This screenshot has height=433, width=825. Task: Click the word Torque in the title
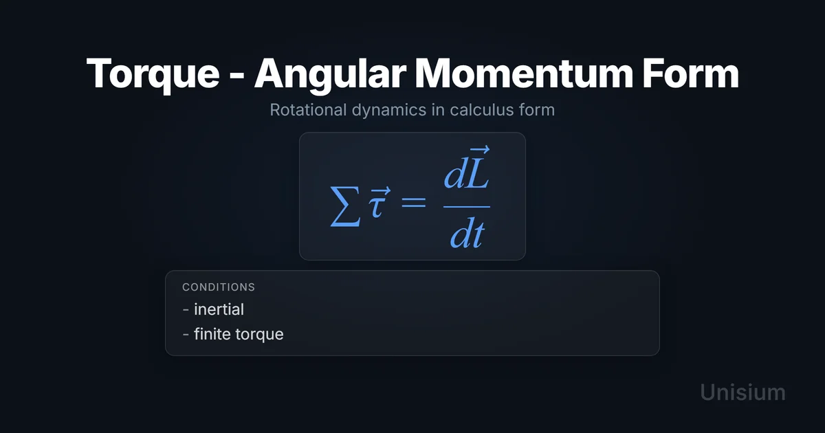[x=153, y=74]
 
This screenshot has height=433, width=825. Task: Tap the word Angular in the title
[x=330, y=74]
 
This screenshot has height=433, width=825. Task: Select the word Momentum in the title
[x=524, y=74]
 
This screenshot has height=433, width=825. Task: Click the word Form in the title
[x=690, y=74]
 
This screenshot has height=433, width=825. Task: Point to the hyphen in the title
[x=236, y=76]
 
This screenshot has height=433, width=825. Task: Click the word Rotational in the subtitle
[x=308, y=110]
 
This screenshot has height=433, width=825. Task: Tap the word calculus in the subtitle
[x=482, y=110]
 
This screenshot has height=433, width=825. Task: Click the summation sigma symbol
[x=344, y=206]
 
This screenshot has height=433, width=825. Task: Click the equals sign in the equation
[x=414, y=203]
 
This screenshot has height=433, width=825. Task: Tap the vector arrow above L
[x=480, y=149]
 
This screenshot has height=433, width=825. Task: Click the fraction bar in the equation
[x=467, y=207]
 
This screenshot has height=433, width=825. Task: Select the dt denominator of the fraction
[x=467, y=233]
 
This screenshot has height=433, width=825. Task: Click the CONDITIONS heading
[x=219, y=287]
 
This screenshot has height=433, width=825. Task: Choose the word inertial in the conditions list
[x=219, y=309]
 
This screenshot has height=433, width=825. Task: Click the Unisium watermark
[x=742, y=392]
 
